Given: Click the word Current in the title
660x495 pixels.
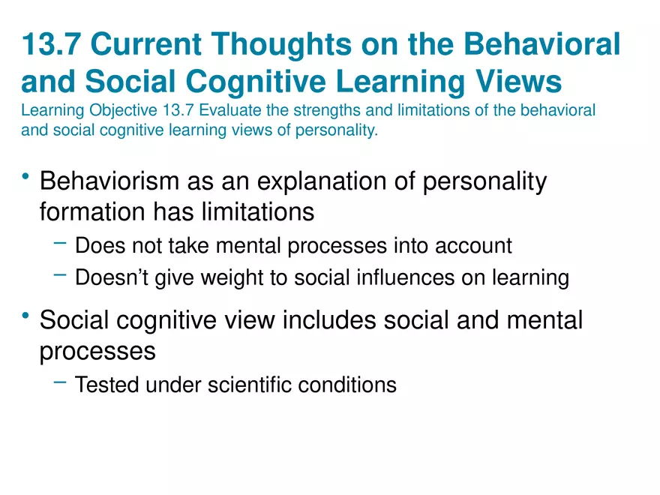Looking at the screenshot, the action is point(146,43).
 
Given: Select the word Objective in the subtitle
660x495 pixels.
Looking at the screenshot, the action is point(123,111).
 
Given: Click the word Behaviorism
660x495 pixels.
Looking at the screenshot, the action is point(109,181).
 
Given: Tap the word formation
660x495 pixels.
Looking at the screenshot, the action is point(92,211).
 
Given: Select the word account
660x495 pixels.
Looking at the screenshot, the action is point(473,246).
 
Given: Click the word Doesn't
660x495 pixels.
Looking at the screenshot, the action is point(112,277).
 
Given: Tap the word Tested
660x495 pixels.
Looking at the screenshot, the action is point(106,385).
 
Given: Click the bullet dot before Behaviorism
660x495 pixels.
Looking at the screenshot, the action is point(26,176).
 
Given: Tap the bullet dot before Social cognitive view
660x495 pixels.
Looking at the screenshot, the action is point(26,315).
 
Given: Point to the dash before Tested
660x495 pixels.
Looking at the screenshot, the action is point(60,382).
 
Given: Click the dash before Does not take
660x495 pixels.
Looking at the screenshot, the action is point(60,243).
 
